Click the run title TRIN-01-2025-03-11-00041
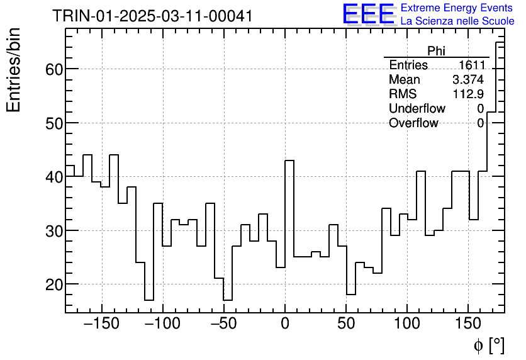[x=152, y=16]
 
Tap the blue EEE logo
[x=369, y=14]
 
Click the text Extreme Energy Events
[x=456, y=8]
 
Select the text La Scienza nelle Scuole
[x=457, y=21]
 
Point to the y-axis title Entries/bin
[x=14, y=70]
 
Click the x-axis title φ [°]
[x=488, y=345]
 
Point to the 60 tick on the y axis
[x=53, y=69]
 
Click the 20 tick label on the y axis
[x=53, y=284]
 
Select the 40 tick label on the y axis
[x=53, y=177]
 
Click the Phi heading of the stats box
[x=436, y=51]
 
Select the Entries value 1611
[x=471, y=65]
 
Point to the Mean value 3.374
[x=468, y=80]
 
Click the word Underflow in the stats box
[x=417, y=109]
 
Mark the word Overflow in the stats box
[x=413, y=123]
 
